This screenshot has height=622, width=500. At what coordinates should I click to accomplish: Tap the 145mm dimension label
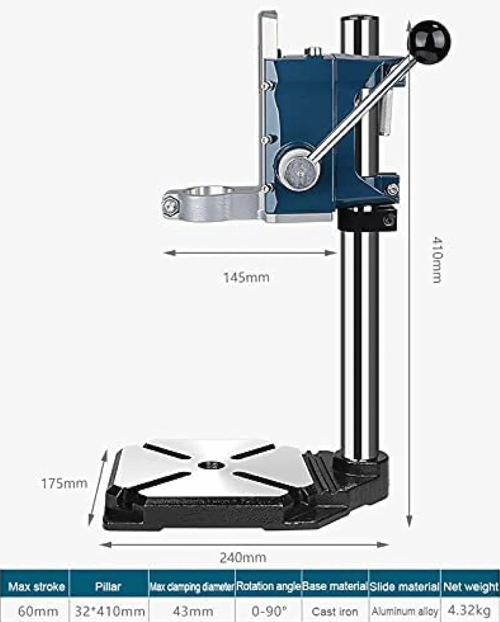246,278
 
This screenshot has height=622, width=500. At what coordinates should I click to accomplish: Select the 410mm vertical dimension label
437,260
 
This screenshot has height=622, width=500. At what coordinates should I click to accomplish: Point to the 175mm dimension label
64,484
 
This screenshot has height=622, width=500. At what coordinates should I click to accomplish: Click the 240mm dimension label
243,557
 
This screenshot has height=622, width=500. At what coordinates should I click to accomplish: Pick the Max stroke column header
36,586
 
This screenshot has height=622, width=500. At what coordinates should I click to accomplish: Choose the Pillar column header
108,586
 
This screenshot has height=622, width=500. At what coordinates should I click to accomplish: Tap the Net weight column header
471,586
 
